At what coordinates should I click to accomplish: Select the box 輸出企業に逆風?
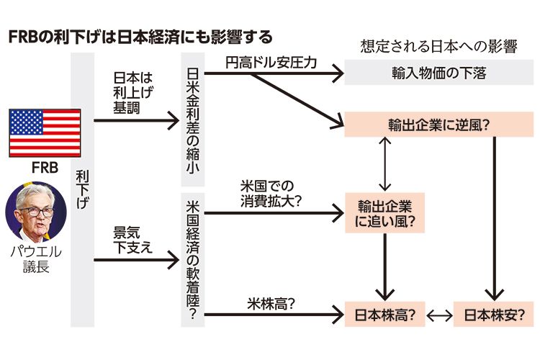438,125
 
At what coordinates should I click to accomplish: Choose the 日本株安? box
494,315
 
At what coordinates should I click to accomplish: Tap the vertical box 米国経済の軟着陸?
192,256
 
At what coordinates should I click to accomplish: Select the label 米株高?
271,304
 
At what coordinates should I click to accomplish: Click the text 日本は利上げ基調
131,92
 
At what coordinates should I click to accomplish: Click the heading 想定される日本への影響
438,48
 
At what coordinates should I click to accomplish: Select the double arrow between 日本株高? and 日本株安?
438,315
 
